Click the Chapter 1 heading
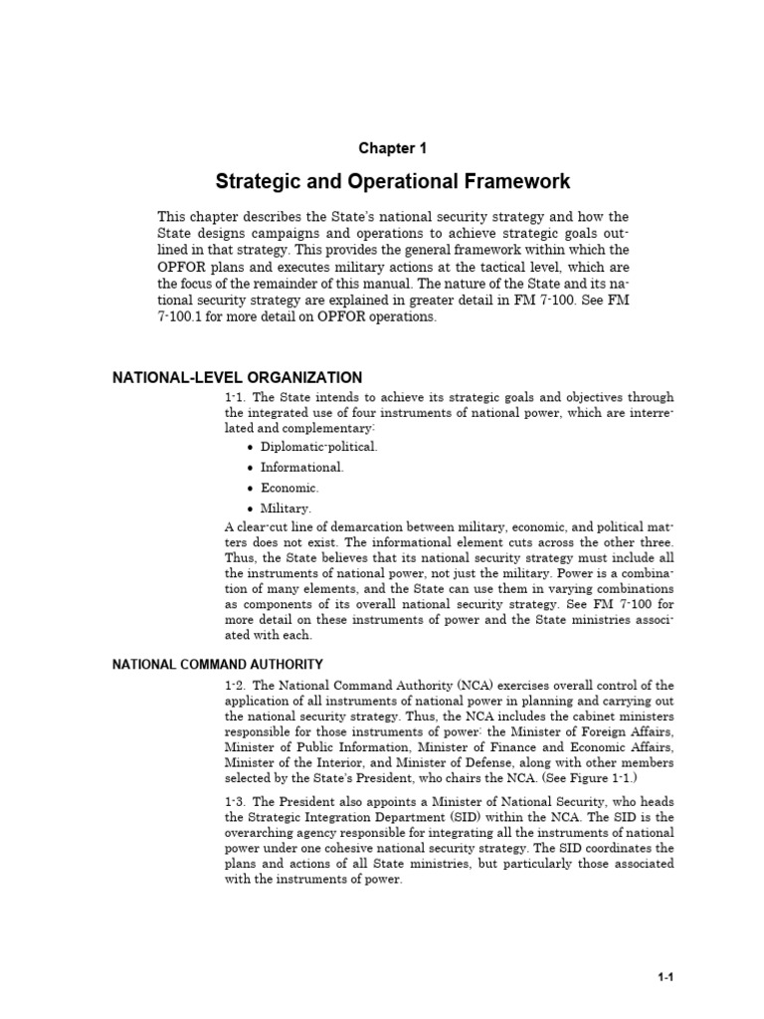coord(392,148)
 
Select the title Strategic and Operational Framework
coord(393,182)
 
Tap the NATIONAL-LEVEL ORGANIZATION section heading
coord(237,377)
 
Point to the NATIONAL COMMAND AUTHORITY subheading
coord(217,664)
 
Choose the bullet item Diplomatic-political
coord(318,447)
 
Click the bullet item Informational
coord(302,467)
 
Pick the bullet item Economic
coord(289,488)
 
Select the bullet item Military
coord(286,509)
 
